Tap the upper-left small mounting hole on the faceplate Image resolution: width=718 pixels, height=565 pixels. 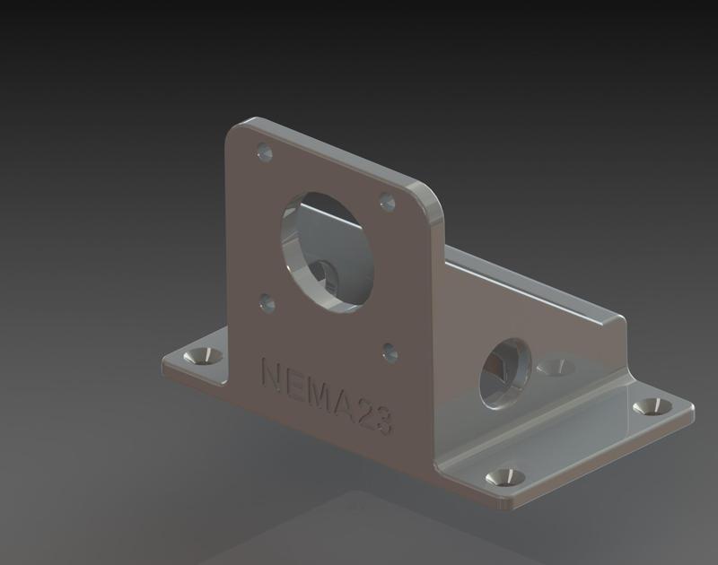pos(263,153)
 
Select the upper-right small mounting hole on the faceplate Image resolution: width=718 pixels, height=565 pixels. pos(388,203)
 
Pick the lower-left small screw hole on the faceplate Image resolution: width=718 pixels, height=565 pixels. pos(267,302)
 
